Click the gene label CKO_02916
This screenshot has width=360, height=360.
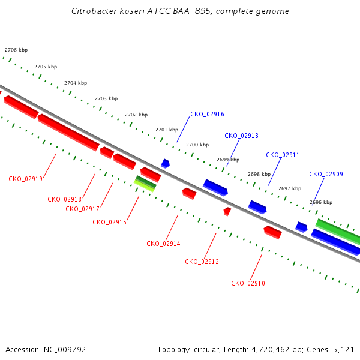(x=207, y=115)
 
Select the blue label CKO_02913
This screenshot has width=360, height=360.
(x=241, y=136)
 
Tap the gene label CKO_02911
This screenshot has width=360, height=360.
(x=283, y=155)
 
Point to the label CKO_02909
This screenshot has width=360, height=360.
(x=326, y=174)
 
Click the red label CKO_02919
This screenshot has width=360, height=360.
(x=25, y=179)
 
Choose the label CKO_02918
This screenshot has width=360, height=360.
(x=65, y=199)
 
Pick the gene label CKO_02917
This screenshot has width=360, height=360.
(x=82, y=209)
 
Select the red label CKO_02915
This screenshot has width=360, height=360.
(x=110, y=222)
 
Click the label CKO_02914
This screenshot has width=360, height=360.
(x=163, y=244)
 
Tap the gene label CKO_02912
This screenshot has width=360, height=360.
(x=202, y=262)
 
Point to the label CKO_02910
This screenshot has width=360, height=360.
(x=248, y=284)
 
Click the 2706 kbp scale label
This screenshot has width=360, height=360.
(x=16, y=50)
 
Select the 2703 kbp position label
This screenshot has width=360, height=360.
(x=106, y=99)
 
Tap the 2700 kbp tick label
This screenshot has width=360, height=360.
(x=197, y=145)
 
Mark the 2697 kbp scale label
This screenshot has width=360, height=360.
(x=290, y=189)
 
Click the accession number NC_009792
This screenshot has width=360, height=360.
(x=65, y=350)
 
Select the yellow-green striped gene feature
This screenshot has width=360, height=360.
(x=145, y=184)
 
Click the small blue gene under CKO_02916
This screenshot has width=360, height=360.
(x=166, y=163)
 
